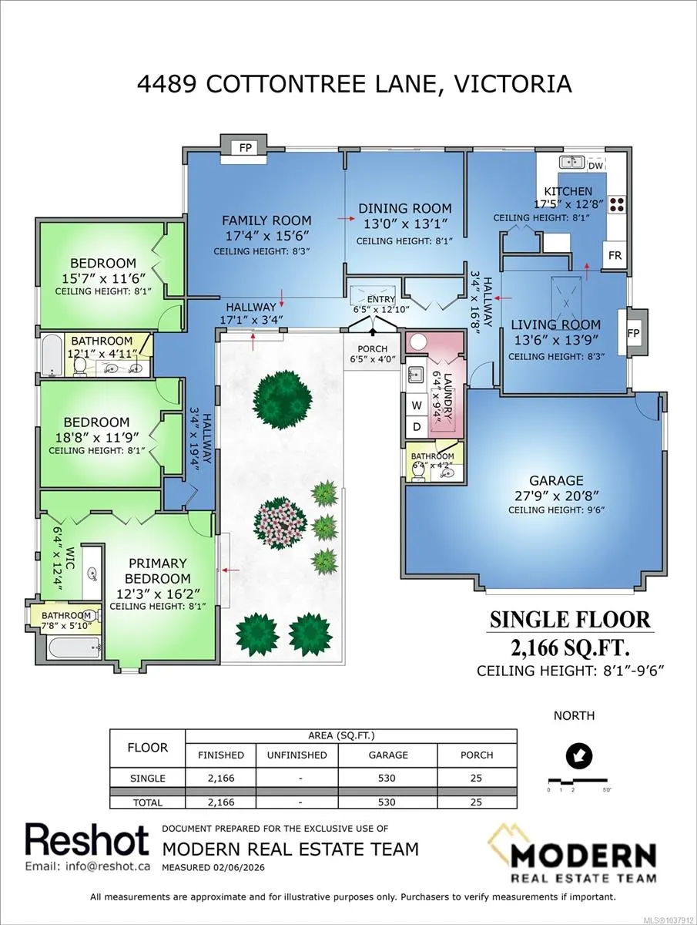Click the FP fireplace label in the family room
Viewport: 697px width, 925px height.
(246, 147)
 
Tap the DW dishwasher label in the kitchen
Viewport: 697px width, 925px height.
(595, 166)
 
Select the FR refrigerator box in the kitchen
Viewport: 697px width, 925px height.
(615, 255)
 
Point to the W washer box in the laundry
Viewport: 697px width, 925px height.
(417, 405)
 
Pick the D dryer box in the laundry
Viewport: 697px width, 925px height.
(417, 427)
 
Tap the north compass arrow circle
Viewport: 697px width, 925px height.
(579, 755)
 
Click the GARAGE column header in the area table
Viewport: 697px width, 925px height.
(388, 755)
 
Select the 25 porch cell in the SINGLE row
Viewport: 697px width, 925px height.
(476, 778)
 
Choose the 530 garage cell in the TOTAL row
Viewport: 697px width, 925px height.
(387, 802)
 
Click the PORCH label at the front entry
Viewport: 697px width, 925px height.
(372, 349)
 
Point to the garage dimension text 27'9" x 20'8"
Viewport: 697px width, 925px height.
(556, 496)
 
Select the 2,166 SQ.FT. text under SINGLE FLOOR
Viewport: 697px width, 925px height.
(571, 647)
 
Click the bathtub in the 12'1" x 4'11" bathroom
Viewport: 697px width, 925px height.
(52, 355)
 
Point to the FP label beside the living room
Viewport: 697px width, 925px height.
(633, 333)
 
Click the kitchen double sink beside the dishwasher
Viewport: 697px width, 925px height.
(571, 162)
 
